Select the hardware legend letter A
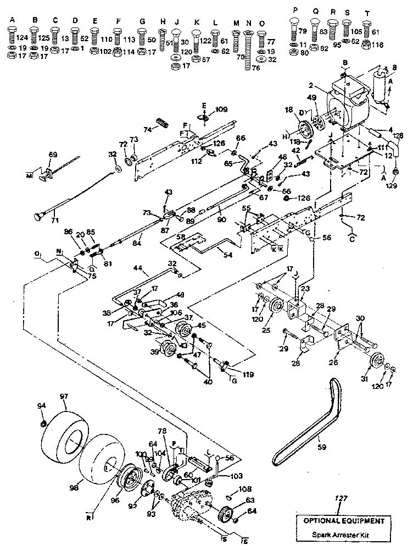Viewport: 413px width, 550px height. tap(12, 20)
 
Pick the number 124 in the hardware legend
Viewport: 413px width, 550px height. tap(22, 37)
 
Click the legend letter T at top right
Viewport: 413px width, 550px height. tap(367, 12)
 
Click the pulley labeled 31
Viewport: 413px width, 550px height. tap(376, 362)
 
